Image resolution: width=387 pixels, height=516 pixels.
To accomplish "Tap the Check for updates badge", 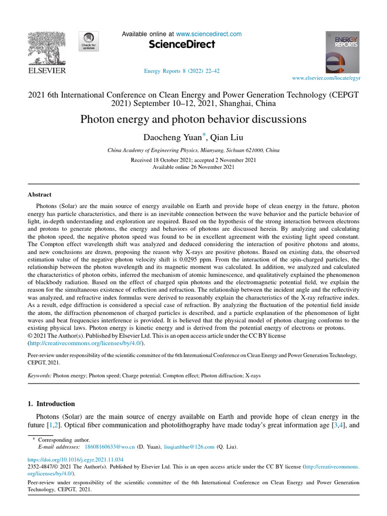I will [x=89, y=41].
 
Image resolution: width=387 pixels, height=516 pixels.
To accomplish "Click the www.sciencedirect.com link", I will [x=209, y=34].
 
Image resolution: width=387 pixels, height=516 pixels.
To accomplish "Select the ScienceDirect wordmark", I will [x=182, y=44].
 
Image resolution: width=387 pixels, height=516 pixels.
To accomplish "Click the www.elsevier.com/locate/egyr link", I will [x=327, y=79].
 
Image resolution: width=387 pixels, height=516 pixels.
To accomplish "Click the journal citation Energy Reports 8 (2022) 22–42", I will [x=181, y=71].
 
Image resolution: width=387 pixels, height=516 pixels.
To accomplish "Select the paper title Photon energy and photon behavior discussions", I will [x=193, y=119].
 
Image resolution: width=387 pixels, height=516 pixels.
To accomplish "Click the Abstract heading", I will [x=39, y=195].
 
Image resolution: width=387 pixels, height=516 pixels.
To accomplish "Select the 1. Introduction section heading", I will [x=51, y=404].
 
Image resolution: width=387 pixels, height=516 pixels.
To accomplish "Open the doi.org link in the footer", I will [x=76, y=460].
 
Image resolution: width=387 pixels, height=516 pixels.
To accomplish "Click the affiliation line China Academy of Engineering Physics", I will [x=193, y=151].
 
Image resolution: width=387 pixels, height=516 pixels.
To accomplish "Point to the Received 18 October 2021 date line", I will [x=193, y=160].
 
